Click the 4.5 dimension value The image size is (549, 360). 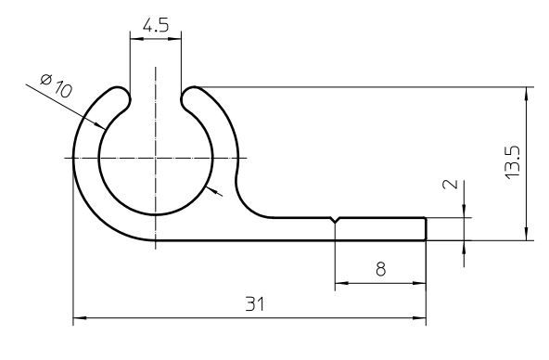[156, 25]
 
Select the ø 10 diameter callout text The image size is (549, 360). [56, 85]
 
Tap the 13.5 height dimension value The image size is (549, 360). [513, 162]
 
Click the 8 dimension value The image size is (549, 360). [380, 269]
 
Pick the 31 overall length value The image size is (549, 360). [254, 303]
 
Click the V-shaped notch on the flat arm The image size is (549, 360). [336, 220]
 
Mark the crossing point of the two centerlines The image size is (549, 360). [156, 158]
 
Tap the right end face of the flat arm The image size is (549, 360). [426, 229]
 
